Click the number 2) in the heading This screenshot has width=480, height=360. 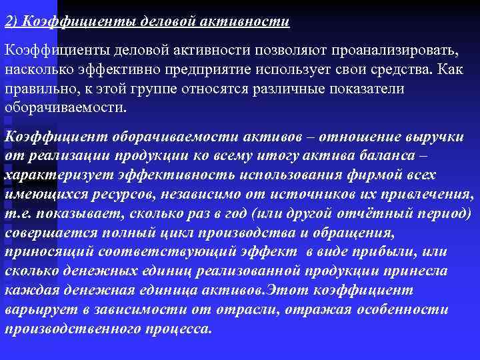point(11,22)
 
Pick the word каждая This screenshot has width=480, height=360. point(31,291)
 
